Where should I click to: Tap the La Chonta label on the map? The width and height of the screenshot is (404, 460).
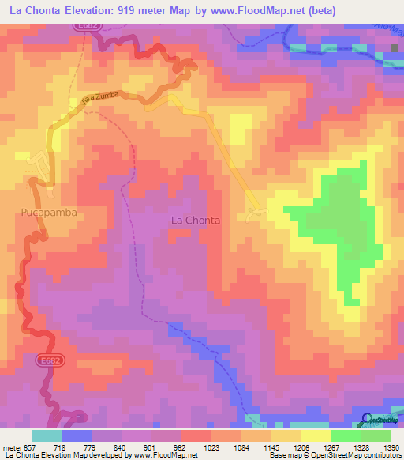195,221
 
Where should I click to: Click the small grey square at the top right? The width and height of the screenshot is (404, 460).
395,48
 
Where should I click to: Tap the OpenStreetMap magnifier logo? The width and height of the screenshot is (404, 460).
365,419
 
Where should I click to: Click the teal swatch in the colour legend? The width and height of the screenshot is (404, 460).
46,435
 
